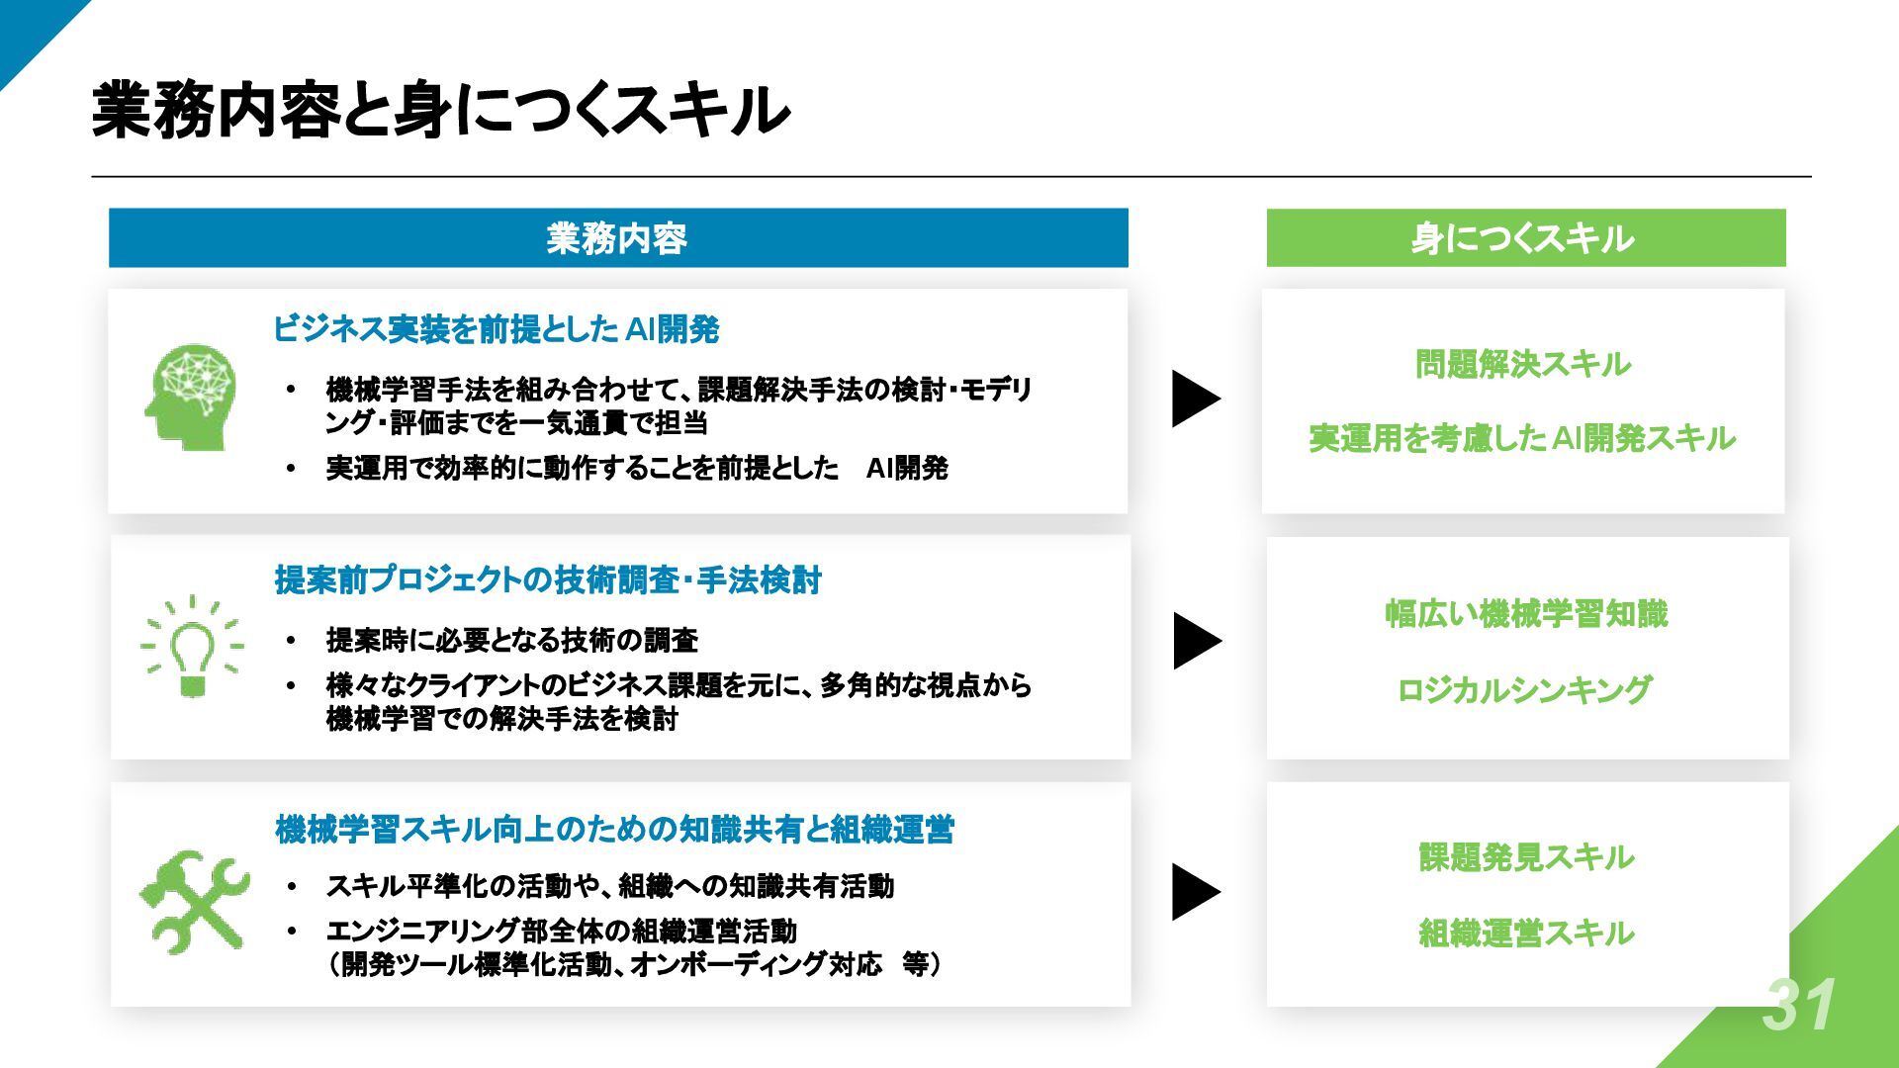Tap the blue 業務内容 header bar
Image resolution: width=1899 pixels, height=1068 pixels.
point(617,238)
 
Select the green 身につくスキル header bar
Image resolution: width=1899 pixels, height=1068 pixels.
point(1525,238)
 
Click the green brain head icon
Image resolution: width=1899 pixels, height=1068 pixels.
point(190,397)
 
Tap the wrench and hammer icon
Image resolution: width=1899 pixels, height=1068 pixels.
point(194,900)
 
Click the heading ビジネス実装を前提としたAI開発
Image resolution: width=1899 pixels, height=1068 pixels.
point(496,329)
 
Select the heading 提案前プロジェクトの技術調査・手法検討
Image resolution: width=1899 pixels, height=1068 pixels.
point(548,579)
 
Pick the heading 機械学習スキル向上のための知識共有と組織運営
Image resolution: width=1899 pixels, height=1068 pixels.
point(614,829)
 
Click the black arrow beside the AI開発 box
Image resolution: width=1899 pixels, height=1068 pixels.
point(1195,399)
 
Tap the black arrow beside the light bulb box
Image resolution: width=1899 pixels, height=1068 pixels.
point(1197,641)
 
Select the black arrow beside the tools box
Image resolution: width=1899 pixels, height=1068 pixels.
point(1195,892)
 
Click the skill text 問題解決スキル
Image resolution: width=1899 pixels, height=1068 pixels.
point(1522,365)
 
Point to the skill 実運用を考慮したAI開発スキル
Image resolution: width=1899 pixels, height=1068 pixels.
point(1522,438)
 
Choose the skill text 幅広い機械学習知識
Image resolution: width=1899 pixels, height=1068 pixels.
point(1526,614)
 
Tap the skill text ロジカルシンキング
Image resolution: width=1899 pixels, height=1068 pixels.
point(1524,689)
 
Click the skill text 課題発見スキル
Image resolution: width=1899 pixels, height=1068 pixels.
point(1526,857)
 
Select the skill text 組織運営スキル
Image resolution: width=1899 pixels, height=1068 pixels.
point(1526,933)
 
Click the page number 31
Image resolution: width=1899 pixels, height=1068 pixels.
point(1799,1006)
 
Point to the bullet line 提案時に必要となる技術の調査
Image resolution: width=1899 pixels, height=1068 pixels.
point(511,641)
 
